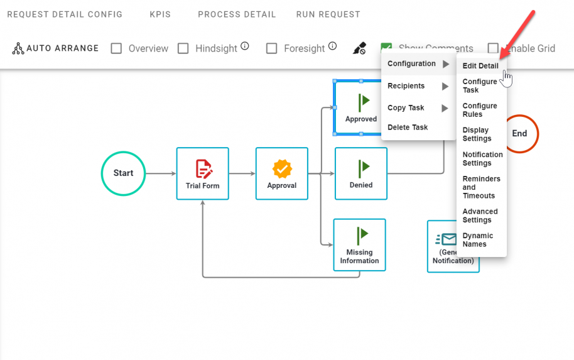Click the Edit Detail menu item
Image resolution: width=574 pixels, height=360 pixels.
(480, 66)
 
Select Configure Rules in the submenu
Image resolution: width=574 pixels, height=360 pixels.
(480, 110)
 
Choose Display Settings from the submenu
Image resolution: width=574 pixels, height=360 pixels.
(477, 134)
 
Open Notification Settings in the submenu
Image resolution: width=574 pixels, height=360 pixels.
(482, 159)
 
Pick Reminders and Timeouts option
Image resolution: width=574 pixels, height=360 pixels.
(481, 187)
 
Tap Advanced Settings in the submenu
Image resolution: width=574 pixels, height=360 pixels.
(480, 215)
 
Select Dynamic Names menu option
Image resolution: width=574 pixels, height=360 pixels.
(478, 240)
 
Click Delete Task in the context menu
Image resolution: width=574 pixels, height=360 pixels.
(408, 128)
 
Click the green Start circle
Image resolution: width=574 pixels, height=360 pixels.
(123, 173)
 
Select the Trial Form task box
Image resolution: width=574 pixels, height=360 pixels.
(202, 173)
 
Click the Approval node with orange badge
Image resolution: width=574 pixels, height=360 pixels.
(282, 173)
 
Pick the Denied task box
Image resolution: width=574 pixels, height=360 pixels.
(360, 173)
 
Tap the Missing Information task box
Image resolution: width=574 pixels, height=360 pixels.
(359, 244)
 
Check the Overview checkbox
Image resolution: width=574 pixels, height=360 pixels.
(116, 48)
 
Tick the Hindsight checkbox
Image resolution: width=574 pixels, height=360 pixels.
(183, 48)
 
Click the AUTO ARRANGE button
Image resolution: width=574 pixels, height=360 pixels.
(55, 48)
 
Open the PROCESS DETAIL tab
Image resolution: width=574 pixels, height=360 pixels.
(237, 14)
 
